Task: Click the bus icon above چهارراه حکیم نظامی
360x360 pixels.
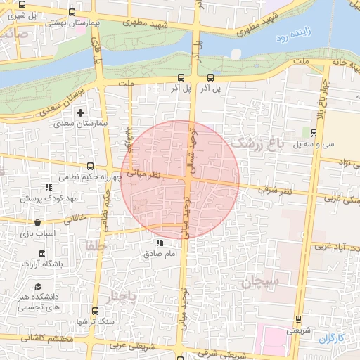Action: tap(89, 167)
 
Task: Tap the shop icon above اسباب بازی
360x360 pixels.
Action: tap(37, 223)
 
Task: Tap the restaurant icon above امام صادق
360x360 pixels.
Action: tap(158, 243)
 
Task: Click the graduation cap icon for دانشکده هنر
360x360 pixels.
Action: tap(37, 287)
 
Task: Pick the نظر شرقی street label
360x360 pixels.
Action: tap(274, 190)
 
